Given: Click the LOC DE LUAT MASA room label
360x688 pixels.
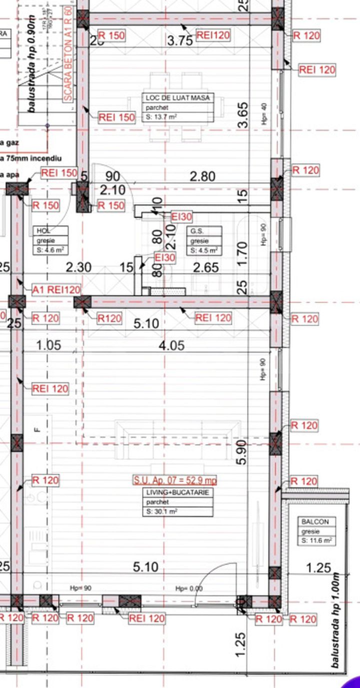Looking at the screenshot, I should click(x=177, y=98).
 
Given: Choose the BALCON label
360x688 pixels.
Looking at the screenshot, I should click(x=312, y=521).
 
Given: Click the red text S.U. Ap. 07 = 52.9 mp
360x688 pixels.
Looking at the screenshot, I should click(x=174, y=480).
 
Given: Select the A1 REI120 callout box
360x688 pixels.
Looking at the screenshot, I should click(x=56, y=290).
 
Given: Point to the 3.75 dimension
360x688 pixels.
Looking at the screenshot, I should click(x=180, y=41).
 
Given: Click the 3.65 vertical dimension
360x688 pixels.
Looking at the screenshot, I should click(x=242, y=116).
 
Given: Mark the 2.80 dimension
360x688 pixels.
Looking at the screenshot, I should click(x=202, y=176).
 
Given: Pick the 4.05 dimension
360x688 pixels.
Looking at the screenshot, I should click(x=171, y=345).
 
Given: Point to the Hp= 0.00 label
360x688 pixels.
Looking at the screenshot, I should click(x=188, y=588).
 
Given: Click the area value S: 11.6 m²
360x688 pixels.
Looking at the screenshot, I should click(x=317, y=541).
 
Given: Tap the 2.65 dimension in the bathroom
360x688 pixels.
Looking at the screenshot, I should click(x=205, y=268).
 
